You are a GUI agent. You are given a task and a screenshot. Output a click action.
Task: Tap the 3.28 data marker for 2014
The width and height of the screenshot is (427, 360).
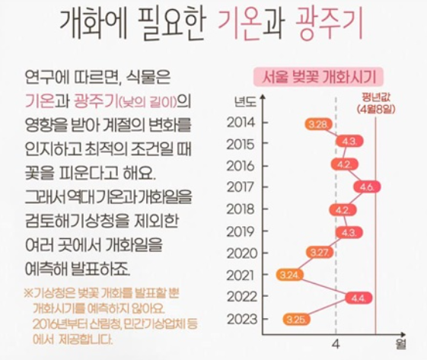[317, 123]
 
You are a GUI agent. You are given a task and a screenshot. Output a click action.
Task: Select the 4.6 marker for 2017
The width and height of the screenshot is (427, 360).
[367, 186]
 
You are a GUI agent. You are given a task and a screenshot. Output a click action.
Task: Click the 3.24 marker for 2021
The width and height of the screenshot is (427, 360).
[290, 274]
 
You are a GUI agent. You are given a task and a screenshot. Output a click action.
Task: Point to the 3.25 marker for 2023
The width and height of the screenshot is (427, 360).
[295, 318]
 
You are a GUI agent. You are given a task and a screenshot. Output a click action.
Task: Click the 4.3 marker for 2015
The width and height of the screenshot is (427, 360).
[350, 142]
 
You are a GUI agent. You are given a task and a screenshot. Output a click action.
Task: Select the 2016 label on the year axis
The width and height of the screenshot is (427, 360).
[241, 165]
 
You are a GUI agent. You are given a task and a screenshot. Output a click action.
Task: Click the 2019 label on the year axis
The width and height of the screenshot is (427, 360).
[241, 231]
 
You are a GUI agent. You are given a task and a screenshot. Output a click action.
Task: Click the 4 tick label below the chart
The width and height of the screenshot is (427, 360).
[335, 346]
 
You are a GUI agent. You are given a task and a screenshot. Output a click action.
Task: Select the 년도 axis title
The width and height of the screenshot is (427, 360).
[245, 100]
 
